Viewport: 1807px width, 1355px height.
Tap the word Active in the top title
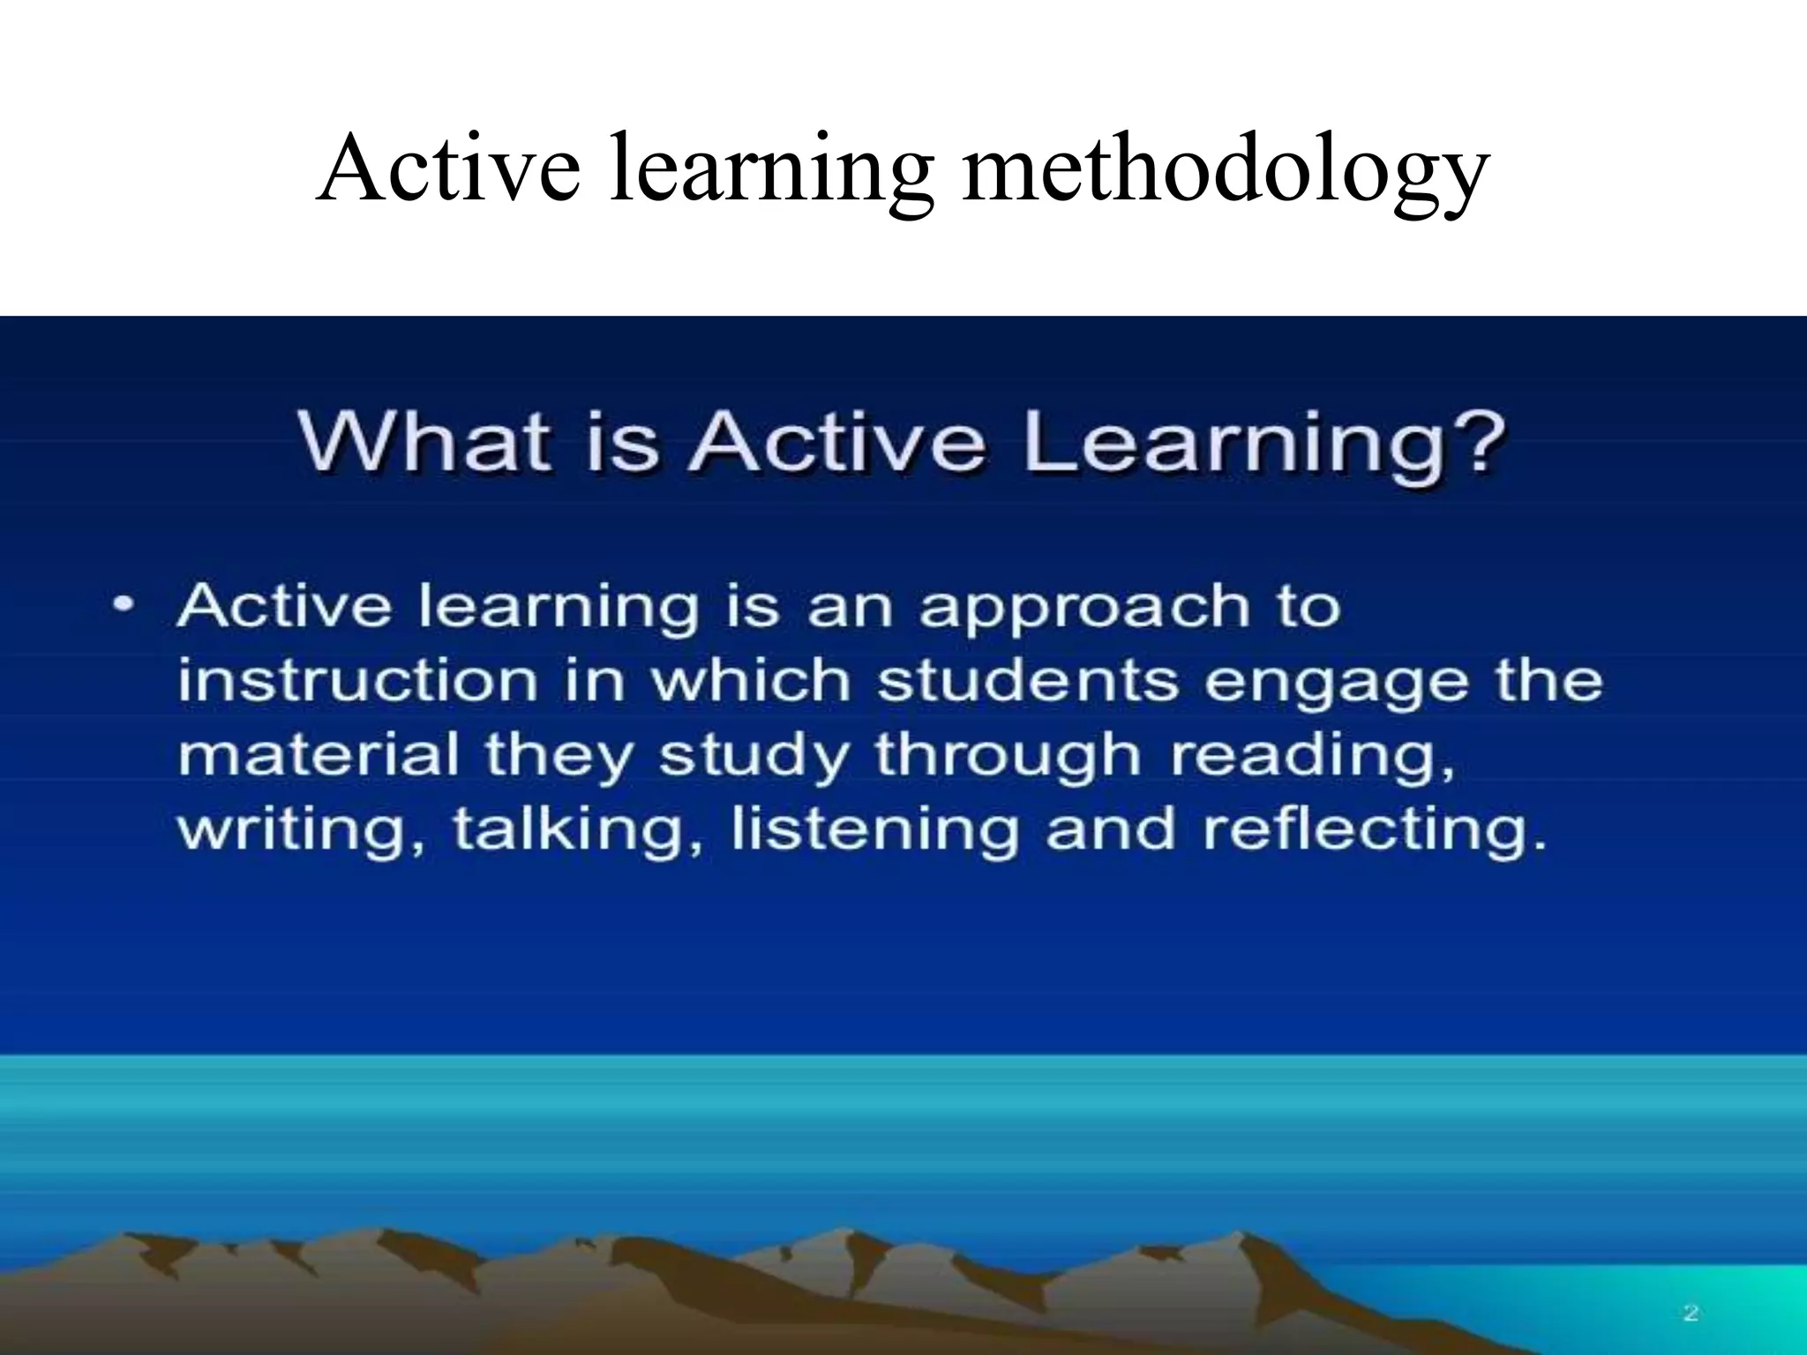point(449,168)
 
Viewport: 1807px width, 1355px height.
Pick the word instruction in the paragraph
point(357,681)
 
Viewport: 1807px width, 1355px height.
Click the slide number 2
point(1691,1314)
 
